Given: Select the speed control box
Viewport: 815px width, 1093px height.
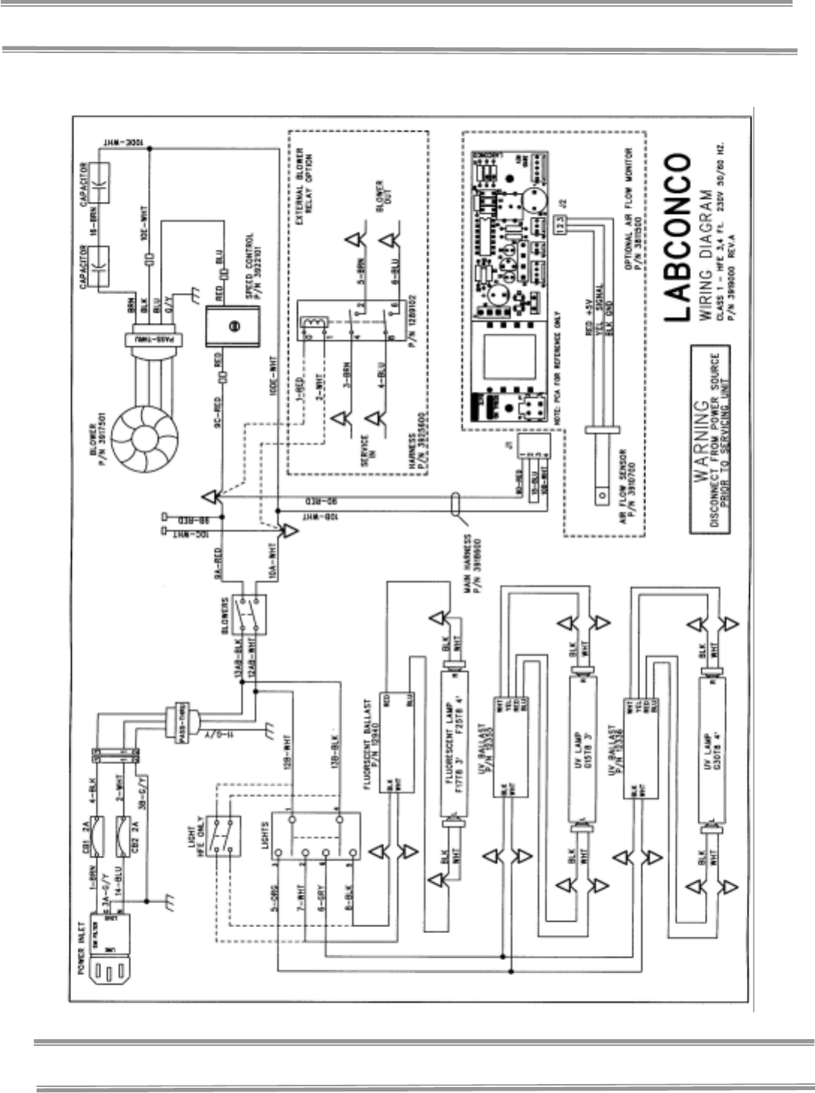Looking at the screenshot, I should [x=232, y=326].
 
